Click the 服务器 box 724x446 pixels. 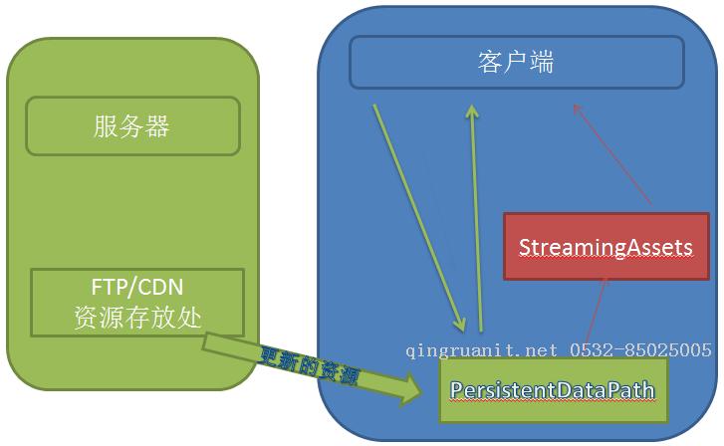(x=132, y=125)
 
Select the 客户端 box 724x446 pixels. (x=516, y=62)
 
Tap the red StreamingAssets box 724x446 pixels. (x=605, y=246)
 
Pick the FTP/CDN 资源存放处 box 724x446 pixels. (x=137, y=302)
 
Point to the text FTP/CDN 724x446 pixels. (x=137, y=289)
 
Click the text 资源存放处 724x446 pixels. (x=137, y=317)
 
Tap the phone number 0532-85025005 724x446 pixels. (x=640, y=350)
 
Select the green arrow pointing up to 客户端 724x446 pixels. (x=476, y=214)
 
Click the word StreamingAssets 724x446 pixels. (x=605, y=247)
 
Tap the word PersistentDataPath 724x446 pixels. (x=553, y=390)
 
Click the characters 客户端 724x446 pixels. (x=516, y=62)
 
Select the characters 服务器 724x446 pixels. (x=132, y=126)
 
